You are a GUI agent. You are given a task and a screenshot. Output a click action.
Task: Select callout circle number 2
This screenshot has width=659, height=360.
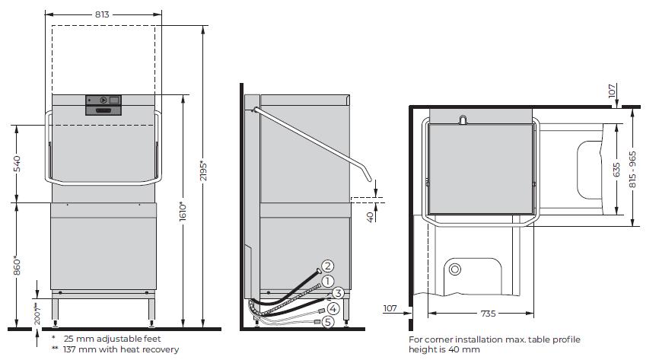[x=327, y=266]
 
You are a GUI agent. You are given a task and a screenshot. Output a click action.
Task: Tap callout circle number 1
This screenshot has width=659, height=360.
[x=327, y=280]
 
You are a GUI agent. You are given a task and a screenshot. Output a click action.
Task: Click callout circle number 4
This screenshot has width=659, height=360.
[x=333, y=308]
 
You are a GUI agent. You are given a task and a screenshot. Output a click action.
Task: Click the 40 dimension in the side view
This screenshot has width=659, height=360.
[x=370, y=217]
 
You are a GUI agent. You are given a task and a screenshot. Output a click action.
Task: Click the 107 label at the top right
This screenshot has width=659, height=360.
[x=612, y=91]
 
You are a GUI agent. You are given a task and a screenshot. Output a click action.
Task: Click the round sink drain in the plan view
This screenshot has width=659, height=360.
[x=455, y=269]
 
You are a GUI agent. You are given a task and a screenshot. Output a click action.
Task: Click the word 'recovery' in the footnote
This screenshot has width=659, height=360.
[x=161, y=349]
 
